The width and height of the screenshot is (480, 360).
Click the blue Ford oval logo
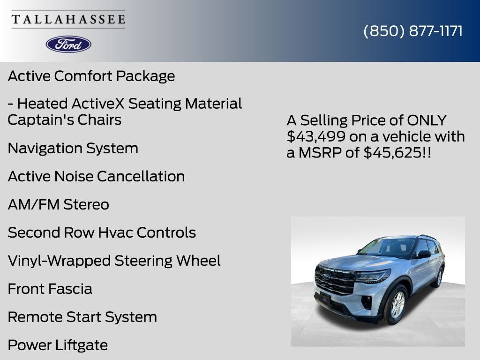tap(68, 44)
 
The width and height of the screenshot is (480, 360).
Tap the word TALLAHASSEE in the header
tap(68, 19)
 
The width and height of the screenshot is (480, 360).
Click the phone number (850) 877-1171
tap(413, 31)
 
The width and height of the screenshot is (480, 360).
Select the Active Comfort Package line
tap(91, 76)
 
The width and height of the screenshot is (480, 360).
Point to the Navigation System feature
tap(73, 148)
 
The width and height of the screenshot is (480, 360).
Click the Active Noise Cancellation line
tap(96, 176)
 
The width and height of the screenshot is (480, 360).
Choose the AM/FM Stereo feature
tap(59, 204)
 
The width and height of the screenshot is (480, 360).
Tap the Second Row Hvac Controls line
tap(102, 232)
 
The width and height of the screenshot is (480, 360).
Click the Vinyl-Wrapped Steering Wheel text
tap(114, 261)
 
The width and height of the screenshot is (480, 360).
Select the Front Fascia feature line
tap(50, 289)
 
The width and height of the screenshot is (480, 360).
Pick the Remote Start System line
tap(82, 317)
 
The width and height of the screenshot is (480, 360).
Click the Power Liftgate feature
tap(58, 345)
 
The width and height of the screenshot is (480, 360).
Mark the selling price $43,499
tap(313, 136)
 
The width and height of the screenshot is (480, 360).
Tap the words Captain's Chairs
tap(65, 120)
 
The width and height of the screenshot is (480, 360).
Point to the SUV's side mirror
tap(423, 254)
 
